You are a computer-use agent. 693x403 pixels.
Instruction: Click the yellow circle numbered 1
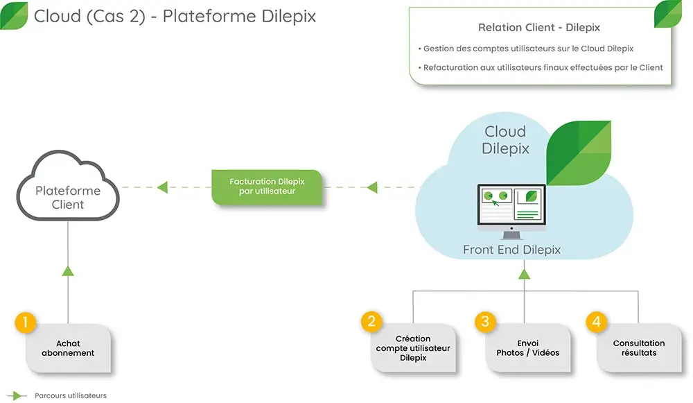(x=25, y=322)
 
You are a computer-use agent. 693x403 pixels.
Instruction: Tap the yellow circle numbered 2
(x=371, y=321)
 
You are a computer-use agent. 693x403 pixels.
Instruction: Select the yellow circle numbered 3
(x=485, y=321)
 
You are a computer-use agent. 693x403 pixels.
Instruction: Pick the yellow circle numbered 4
(x=596, y=321)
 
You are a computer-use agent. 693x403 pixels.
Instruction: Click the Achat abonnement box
(x=68, y=348)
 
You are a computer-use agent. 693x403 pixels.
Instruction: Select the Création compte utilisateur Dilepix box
(x=413, y=348)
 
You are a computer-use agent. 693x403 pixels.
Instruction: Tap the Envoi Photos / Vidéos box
(x=527, y=348)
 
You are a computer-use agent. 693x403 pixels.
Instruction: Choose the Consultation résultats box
(x=638, y=348)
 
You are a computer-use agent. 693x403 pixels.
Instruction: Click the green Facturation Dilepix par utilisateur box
(x=267, y=187)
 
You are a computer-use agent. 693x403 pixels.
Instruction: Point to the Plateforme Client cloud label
(x=68, y=198)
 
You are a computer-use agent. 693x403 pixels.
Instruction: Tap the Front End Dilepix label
(x=511, y=250)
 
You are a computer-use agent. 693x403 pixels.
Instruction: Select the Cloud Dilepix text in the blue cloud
(x=505, y=139)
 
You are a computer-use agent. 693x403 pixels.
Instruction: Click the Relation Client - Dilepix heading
(x=538, y=28)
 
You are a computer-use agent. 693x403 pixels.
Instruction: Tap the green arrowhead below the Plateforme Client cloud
(x=68, y=271)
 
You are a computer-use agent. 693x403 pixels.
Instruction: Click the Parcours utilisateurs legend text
(x=71, y=395)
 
